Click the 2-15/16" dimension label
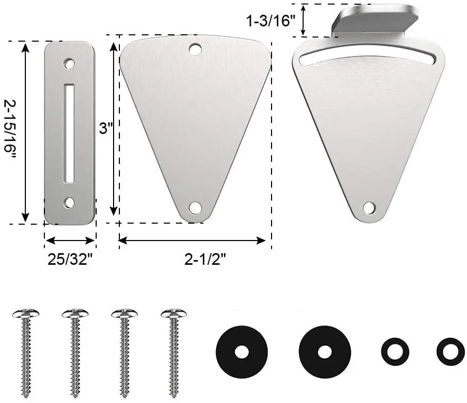pyautogui.click(x=10, y=130)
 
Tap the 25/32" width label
pyautogui.click(x=70, y=260)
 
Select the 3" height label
pyautogui.click(x=106, y=129)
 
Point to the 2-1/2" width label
pyautogui.click(x=206, y=260)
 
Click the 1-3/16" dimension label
pyautogui.click(x=270, y=21)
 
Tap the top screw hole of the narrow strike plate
pyautogui.click(x=69, y=63)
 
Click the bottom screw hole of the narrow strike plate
pyautogui.click(x=69, y=203)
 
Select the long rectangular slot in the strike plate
pyautogui.click(x=69, y=133)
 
